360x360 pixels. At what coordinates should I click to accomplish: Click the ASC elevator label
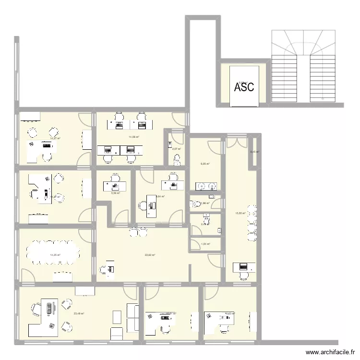click(x=244, y=87)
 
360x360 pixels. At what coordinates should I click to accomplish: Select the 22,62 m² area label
click(x=150, y=255)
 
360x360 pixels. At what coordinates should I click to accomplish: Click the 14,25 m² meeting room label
click(x=55, y=255)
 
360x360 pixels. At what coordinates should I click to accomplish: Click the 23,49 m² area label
click(x=79, y=314)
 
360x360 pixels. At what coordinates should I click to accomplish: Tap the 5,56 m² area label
click(x=115, y=193)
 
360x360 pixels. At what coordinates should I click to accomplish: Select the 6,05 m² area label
click(x=205, y=164)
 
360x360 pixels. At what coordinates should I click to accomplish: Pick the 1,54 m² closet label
click(x=205, y=244)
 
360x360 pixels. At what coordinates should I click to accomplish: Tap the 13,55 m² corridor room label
click(x=240, y=213)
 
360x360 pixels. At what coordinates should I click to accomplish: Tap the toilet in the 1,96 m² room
click(x=212, y=198)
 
